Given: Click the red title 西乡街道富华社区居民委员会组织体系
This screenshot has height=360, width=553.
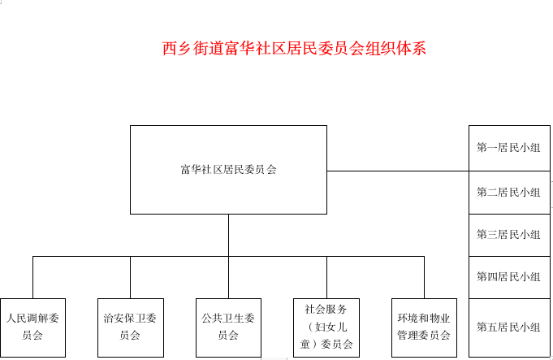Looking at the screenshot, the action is (x=294, y=49).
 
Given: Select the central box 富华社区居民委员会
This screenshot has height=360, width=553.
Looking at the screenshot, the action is (x=228, y=170).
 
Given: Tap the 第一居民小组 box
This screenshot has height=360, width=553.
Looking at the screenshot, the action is (x=509, y=148).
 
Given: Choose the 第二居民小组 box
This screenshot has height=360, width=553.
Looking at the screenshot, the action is (x=509, y=193).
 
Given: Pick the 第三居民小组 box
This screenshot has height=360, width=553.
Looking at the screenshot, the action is (x=509, y=235).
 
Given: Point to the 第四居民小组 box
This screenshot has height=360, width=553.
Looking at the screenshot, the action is (x=509, y=277).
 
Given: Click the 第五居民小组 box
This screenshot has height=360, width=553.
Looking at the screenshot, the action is (x=509, y=327).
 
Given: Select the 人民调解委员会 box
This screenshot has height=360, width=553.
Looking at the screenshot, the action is (x=32, y=327).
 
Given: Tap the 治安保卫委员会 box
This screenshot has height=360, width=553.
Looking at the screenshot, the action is (x=131, y=327).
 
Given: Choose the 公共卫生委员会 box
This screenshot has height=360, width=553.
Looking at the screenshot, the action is (x=228, y=327).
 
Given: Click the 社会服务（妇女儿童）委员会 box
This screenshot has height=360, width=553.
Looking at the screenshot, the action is (x=326, y=327).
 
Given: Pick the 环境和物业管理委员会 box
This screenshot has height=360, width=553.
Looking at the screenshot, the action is (x=424, y=327).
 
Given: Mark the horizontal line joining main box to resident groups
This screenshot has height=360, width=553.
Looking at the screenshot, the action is (x=398, y=171).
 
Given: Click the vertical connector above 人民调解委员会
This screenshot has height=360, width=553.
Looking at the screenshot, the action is (x=32, y=277).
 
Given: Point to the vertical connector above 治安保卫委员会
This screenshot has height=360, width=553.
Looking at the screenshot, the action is (x=131, y=277).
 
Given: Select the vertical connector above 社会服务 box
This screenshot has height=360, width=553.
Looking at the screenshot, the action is (x=326, y=277).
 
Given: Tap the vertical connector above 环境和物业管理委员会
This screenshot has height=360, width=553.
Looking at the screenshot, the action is (x=424, y=277).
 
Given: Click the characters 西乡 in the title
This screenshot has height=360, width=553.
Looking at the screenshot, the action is (x=177, y=49).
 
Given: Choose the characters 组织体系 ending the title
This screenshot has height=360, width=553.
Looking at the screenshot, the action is (x=395, y=49).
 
